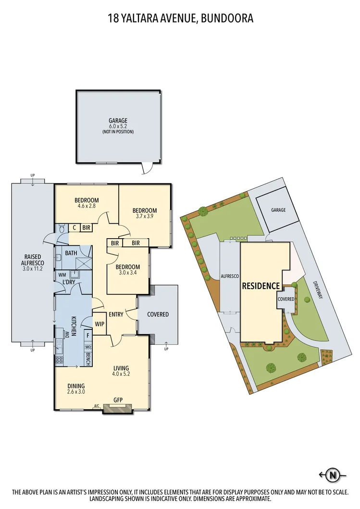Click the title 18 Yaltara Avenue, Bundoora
point(180,19)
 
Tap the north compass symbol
point(332,475)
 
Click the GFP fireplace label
point(118,400)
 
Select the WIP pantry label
point(99,324)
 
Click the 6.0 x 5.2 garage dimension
point(118,126)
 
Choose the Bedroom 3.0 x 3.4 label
point(127,270)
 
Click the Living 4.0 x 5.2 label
point(121,371)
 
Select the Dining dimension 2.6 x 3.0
point(76,392)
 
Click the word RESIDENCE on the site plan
point(261,286)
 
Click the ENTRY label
point(116,315)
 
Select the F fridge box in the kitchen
point(88,336)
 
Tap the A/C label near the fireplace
point(97,406)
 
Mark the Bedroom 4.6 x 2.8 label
point(87,203)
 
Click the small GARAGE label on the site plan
point(278,210)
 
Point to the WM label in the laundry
point(62,275)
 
